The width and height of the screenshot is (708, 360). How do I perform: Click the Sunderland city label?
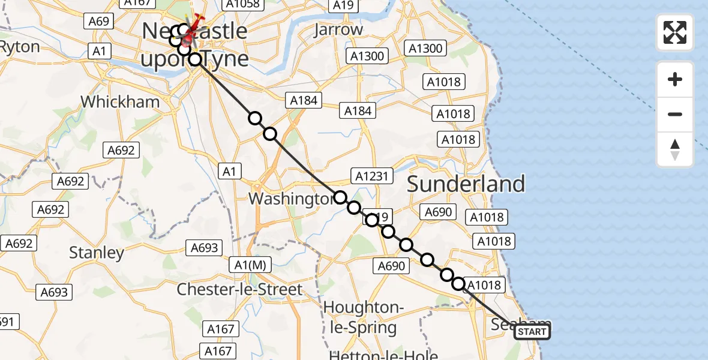[x=466, y=184]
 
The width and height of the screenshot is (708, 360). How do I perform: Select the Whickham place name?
[x=120, y=101]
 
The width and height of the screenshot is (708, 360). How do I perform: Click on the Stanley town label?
[x=96, y=253]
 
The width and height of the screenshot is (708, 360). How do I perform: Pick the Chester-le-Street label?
[x=239, y=289]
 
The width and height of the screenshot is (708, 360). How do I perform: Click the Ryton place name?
[x=19, y=47]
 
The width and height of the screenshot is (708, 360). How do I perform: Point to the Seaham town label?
[x=510, y=324]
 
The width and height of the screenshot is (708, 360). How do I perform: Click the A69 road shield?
[x=98, y=22]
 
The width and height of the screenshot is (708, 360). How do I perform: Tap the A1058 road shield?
[x=243, y=5]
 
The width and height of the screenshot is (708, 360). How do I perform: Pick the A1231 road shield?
[x=373, y=176]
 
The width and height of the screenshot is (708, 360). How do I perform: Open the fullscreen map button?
[x=675, y=32]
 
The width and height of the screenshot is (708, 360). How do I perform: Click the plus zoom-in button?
[x=675, y=79]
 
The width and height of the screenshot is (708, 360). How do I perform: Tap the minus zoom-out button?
[x=675, y=114]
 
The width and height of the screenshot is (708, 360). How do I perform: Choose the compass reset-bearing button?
[x=675, y=149]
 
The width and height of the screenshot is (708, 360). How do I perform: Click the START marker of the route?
[x=532, y=332]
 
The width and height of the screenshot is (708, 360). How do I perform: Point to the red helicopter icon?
[x=191, y=33]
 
